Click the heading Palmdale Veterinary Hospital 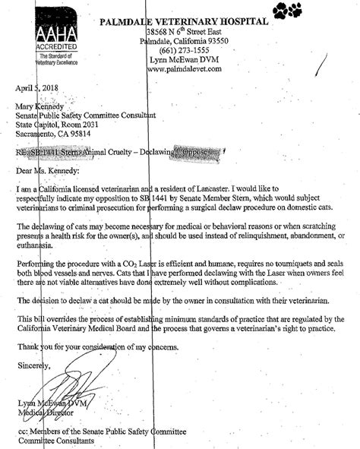point(184,22)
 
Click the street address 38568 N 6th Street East point(187,32)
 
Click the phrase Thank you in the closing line point(36,346)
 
